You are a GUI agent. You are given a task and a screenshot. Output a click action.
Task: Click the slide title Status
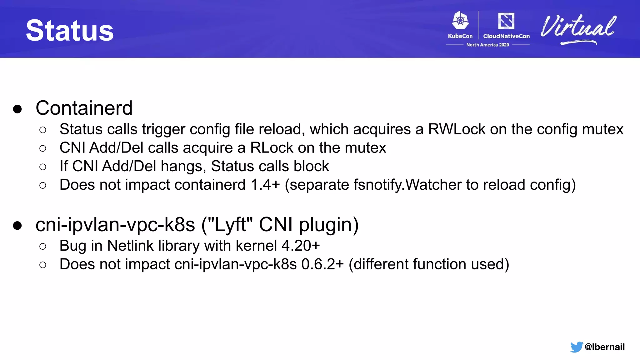pos(70,30)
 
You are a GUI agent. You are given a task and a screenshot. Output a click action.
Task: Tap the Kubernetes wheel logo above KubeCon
pos(460,21)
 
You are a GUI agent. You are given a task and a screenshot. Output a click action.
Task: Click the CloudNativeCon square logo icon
pos(506,21)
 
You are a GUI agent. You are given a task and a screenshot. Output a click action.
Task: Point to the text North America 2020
pos(487,45)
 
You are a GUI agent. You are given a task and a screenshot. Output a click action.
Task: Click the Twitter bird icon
pos(576,347)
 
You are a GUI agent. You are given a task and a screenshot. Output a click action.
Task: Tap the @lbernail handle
pos(604,347)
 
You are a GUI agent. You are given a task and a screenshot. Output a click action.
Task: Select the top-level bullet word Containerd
pos(84,108)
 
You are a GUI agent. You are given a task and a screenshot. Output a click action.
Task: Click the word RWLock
pos(457,129)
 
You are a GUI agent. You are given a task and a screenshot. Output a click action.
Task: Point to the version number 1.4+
pos(265,185)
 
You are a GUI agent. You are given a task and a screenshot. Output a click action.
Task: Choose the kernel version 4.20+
pos(301,246)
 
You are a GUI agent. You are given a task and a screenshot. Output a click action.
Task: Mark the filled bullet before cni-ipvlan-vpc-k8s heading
pos(17,225)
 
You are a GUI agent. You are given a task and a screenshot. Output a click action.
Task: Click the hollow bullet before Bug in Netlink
pos(43,247)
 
